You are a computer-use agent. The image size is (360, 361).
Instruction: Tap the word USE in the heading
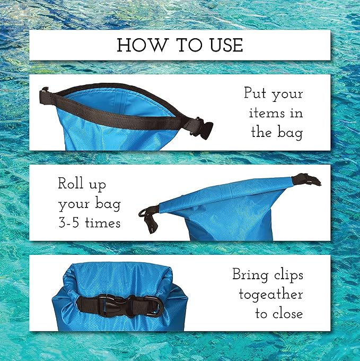222,45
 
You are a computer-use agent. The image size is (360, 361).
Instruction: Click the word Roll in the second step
74,184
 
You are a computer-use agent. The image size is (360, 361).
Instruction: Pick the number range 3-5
71,222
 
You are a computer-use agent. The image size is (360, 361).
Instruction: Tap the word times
102,222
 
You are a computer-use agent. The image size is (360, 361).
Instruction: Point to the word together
271,294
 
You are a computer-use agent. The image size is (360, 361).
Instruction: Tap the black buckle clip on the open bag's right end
205,127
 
